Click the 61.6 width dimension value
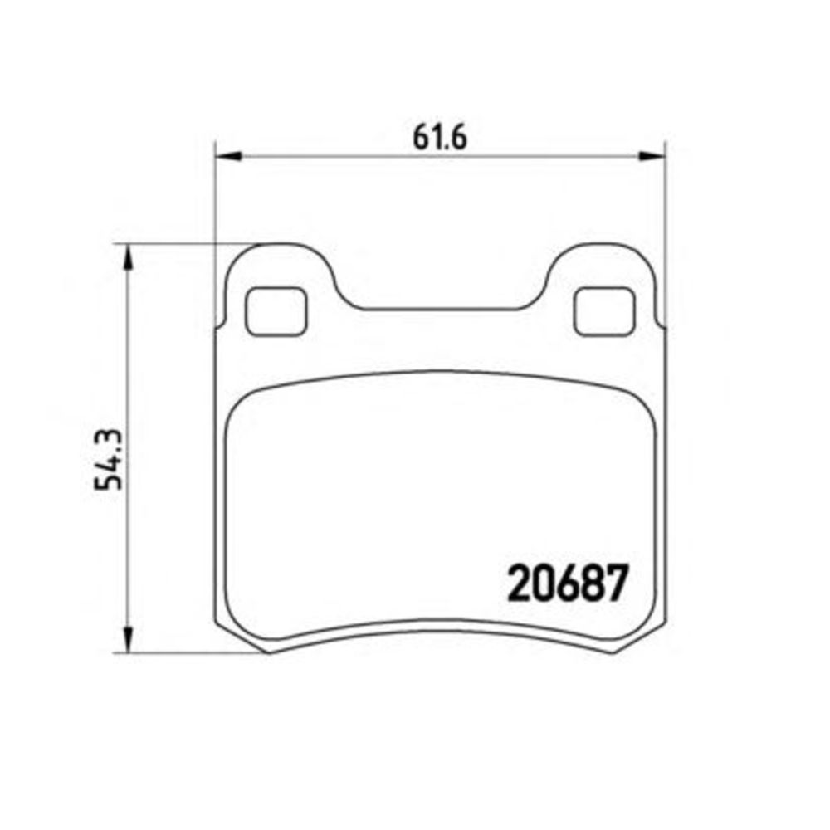pyautogui.click(x=440, y=138)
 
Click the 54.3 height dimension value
pyautogui.click(x=109, y=460)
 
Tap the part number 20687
pyautogui.click(x=568, y=583)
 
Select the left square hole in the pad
pyautogui.click(x=276, y=311)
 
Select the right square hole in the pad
pyautogui.click(x=604, y=311)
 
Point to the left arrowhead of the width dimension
pyautogui.click(x=228, y=156)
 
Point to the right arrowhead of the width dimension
pyautogui.click(x=652, y=156)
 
